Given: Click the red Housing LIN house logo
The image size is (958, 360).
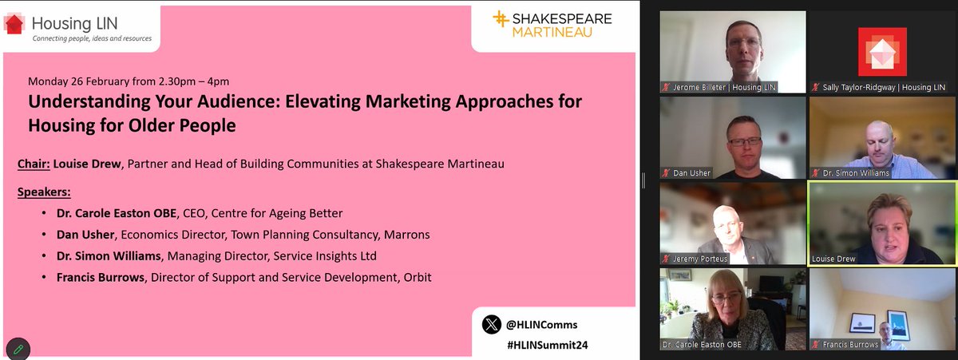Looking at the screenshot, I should tap(14, 24).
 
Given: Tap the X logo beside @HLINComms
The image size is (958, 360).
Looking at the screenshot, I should tap(491, 325).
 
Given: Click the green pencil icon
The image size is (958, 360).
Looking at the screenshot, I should tap(18, 349).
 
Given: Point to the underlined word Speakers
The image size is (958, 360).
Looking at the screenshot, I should tap(44, 192).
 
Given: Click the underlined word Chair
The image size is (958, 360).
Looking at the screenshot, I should tap(33, 164).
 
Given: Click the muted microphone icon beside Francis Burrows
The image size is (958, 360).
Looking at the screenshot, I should tap(815, 345).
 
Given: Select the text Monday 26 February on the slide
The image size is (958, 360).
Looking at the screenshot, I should tap(76, 82).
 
